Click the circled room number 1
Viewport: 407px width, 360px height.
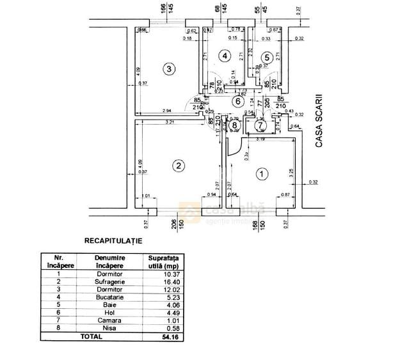[x=261, y=173]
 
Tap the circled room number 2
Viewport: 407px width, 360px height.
[x=179, y=165]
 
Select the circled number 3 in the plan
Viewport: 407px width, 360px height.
[x=169, y=69]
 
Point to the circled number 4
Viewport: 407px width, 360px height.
[x=224, y=56]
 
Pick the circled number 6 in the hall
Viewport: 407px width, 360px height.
[x=238, y=100]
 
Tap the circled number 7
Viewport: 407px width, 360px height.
[x=259, y=124]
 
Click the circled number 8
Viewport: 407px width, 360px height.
[x=235, y=125]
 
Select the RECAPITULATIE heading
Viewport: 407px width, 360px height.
[x=113, y=241]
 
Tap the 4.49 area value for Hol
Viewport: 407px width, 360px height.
[x=163, y=311]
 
